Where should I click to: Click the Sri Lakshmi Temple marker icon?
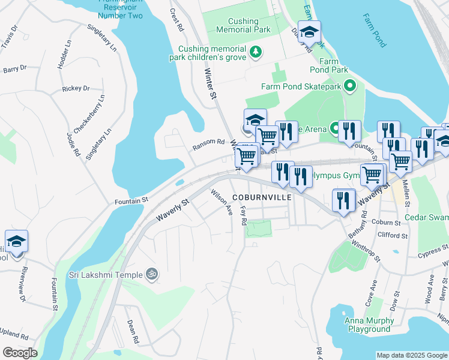pos(152,274)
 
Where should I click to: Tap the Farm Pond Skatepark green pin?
pos(351,86)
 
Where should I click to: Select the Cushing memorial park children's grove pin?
pos(256,52)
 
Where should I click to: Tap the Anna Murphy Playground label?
pos(367,325)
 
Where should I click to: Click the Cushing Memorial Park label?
pos(244,25)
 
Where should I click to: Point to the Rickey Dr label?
pos(76,88)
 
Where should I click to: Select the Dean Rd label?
pos(133,331)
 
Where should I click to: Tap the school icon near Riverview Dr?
pos(16,241)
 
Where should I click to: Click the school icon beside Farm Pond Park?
pos(309,32)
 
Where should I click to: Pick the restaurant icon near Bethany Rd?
pos(343,200)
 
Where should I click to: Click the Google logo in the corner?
pos(20,353)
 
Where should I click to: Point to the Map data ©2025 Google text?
pos(411,355)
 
